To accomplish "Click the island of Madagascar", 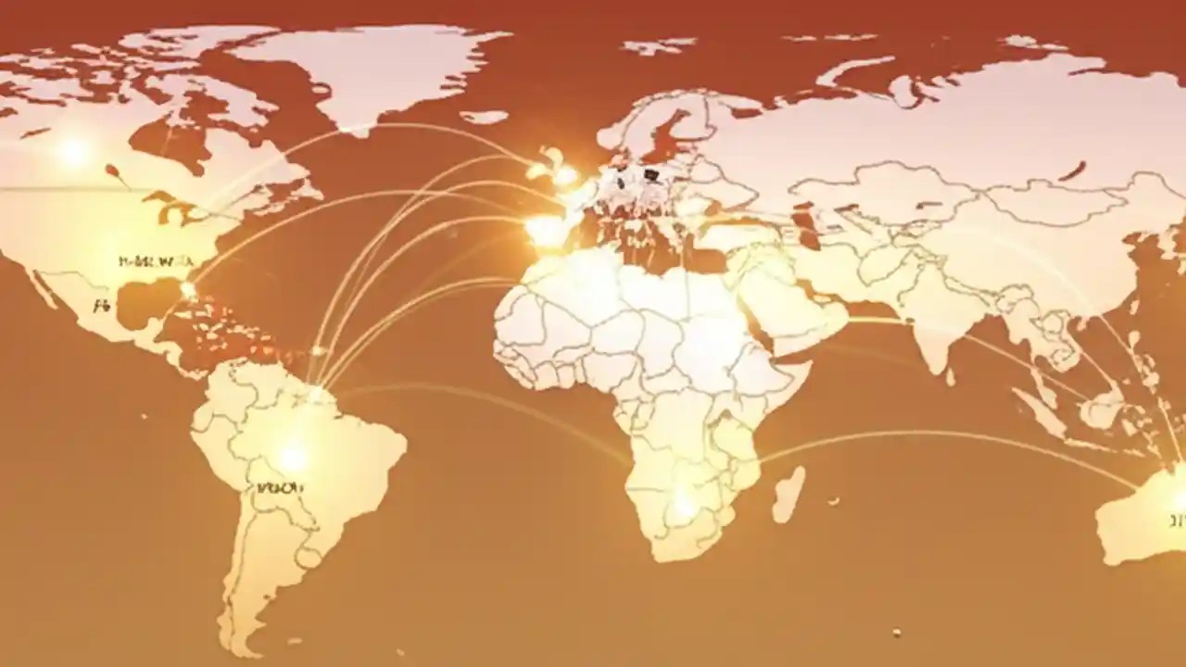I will coord(789,494).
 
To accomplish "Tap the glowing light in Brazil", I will coord(293,457).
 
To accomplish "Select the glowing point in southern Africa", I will coord(684,506).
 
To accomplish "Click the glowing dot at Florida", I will coord(188,289).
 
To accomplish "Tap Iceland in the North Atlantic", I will coord(484,118).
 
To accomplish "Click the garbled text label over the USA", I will coord(146,261).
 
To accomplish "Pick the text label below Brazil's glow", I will coord(280,487).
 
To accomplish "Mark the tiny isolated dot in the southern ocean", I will coord(896,633).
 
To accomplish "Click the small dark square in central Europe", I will coord(650,173).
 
